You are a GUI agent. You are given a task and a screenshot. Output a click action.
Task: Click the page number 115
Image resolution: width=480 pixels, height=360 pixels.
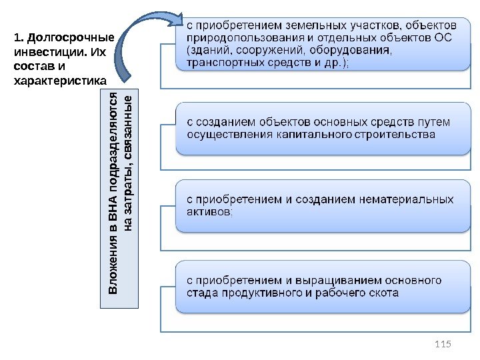442,343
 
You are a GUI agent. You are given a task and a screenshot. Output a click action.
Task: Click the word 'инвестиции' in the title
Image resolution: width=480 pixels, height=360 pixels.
40,52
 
